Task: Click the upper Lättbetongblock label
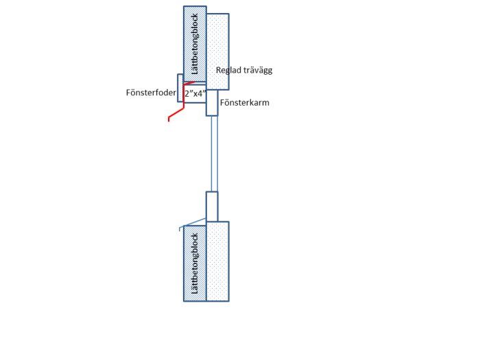pyautogui.click(x=195, y=44)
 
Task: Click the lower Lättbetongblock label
pyautogui.click(x=195, y=263)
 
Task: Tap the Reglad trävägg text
pyautogui.click(x=244, y=70)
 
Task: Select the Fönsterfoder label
pyautogui.click(x=151, y=93)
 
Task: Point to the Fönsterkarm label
pyautogui.click(x=245, y=103)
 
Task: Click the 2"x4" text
pyautogui.click(x=195, y=93)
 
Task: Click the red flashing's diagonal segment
pyautogui.click(x=176, y=112)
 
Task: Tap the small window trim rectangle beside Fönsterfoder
pyautogui.click(x=180, y=88)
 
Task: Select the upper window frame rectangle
pyautogui.click(x=212, y=103)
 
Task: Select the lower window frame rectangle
pyautogui.click(x=212, y=206)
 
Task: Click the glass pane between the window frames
pyautogui.click(x=214, y=154)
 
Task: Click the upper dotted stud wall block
pyautogui.click(x=217, y=51)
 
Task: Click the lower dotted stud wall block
pyautogui.click(x=217, y=261)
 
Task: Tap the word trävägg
pyautogui.click(x=259, y=70)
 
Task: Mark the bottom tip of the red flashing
pyautogui.click(x=169, y=121)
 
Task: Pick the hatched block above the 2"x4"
pyautogui.click(x=195, y=44)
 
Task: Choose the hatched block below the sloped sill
pyautogui.click(x=195, y=263)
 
